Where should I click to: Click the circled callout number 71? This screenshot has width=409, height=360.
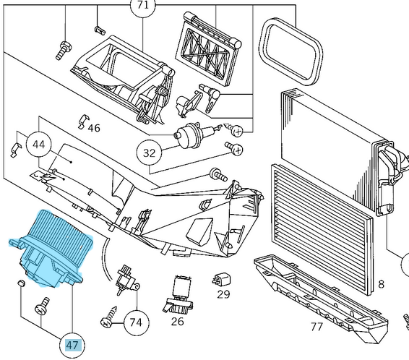point(142,5)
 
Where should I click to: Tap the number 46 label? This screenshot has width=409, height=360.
point(94,128)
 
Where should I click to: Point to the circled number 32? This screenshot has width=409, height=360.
point(150,153)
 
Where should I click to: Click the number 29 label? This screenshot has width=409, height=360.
point(223,294)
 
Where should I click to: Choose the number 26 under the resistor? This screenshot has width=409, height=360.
point(177,321)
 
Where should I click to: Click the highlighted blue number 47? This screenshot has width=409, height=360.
point(72,345)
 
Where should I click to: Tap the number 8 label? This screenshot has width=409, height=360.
point(401,284)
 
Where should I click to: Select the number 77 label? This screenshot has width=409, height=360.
point(316,326)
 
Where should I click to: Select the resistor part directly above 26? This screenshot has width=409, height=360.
point(178,293)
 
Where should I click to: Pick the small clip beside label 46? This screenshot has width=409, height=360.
point(82,119)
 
